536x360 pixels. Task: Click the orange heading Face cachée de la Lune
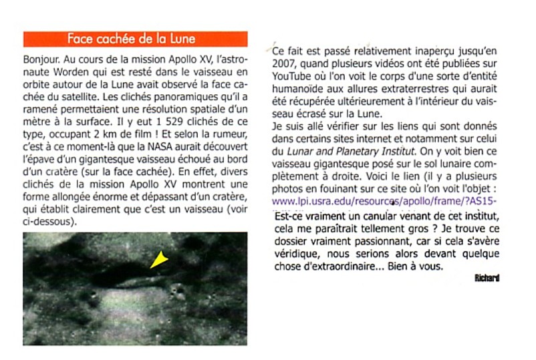(x=135, y=39)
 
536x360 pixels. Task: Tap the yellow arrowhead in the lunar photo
(x=158, y=260)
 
